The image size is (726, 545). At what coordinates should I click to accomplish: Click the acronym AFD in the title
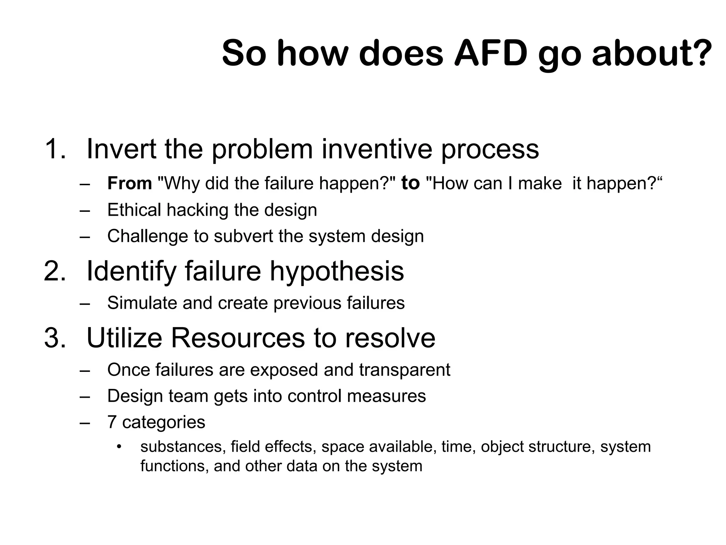click(491, 53)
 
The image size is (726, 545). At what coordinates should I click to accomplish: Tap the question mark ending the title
click(701, 53)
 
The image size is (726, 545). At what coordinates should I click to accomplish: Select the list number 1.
click(55, 149)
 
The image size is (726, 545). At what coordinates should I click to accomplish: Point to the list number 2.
click(55, 271)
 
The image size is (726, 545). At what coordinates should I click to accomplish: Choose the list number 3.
click(55, 338)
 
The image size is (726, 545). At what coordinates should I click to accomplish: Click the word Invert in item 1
click(121, 149)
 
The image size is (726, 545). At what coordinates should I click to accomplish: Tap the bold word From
click(129, 183)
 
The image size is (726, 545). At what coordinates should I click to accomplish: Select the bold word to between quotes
click(411, 183)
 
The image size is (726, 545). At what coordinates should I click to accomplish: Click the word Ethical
click(134, 210)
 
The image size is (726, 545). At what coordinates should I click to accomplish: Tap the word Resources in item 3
click(238, 338)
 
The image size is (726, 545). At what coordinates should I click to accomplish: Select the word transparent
click(404, 370)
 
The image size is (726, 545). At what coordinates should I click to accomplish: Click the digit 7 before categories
click(112, 422)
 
